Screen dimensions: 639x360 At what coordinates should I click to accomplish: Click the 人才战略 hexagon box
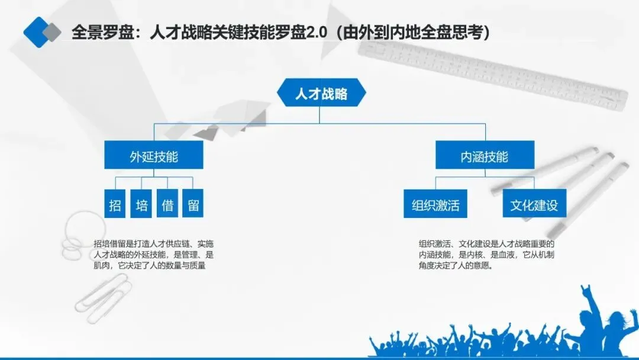pos(321,94)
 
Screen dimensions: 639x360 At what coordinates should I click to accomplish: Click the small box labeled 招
pos(115,205)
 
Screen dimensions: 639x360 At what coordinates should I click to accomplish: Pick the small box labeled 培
pos(141,205)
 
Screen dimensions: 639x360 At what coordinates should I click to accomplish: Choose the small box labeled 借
pos(167,205)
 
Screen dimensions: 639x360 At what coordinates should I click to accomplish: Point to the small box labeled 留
pos(193,205)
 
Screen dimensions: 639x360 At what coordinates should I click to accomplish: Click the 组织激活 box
pos(435,205)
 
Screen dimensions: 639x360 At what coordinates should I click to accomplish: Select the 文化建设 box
pos(534,205)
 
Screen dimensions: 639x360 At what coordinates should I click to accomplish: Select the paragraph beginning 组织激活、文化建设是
pos(486,254)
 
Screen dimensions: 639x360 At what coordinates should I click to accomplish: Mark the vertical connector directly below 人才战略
pos(319,115)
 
